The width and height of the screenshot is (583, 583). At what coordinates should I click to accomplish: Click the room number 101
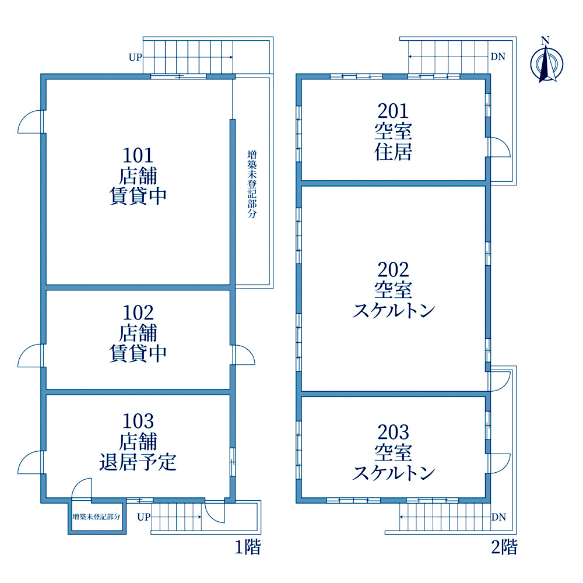pyautogui.click(x=138, y=156)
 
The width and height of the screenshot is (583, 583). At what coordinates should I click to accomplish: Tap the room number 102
pyautogui.click(x=138, y=313)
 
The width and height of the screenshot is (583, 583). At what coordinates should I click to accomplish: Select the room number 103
pyautogui.click(x=138, y=422)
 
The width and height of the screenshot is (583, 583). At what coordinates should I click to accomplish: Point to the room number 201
pyautogui.click(x=393, y=111)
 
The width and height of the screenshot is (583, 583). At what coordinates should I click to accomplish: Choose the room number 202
pyautogui.click(x=393, y=269)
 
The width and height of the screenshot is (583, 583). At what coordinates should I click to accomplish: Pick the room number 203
pyautogui.click(x=393, y=432)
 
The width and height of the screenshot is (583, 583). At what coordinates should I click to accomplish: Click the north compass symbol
pyautogui.click(x=546, y=61)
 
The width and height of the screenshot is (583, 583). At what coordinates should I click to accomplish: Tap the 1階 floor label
pyautogui.click(x=248, y=547)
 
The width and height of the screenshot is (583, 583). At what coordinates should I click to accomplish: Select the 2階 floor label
pyautogui.click(x=504, y=547)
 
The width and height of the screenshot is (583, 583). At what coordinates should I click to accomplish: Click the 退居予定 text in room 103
pyautogui.click(x=138, y=462)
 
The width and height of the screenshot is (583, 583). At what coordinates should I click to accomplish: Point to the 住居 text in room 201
pyautogui.click(x=393, y=152)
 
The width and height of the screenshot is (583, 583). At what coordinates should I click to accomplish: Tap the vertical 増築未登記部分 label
pyautogui.click(x=252, y=184)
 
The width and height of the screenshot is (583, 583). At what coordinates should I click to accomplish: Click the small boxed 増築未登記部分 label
pyautogui.click(x=97, y=517)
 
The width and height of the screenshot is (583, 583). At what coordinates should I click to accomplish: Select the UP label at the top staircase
pyautogui.click(x=135, y=57)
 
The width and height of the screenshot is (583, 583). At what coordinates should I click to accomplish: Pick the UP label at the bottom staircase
pyautogui.click(x=144, y=517)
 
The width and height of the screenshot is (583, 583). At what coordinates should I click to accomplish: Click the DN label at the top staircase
pyautogui.click(x=498, y=57)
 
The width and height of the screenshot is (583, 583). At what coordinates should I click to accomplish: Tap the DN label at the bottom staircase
pyautogui.click(x=498, y=517)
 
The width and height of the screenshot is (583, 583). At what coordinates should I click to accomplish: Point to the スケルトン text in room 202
pyautogui.click(x=394, y=311)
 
